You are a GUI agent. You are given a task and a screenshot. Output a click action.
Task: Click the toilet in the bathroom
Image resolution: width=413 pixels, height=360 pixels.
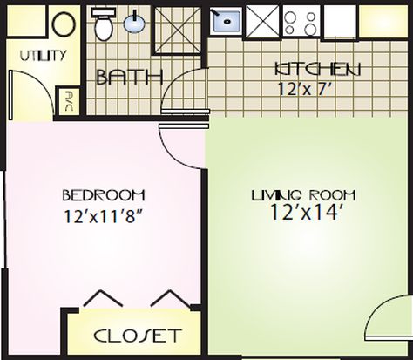[x=104, y=24]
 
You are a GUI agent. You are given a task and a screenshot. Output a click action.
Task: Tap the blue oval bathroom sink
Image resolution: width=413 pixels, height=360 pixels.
[x=134, y=23]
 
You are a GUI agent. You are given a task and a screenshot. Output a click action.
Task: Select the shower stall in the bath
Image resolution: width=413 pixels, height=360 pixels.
[x=177, y=30]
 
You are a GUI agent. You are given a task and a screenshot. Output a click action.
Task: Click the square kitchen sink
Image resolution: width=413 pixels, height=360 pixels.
[x=226, y=21]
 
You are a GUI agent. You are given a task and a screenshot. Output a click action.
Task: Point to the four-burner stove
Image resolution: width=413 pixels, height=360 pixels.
[x=301, y=22]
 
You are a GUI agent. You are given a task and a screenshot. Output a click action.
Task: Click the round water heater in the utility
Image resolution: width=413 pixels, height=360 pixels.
[x=64, y=24]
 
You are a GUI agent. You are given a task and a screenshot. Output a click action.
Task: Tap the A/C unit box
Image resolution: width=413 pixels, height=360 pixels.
[x=68, y=101]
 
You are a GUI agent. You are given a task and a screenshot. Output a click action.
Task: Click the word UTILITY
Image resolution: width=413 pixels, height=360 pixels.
[x=43, y=56]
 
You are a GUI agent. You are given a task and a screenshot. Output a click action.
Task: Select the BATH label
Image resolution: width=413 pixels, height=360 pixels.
[x=129, y=77]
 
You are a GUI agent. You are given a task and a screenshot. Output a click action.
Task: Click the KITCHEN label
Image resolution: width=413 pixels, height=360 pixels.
[x=318, y=69]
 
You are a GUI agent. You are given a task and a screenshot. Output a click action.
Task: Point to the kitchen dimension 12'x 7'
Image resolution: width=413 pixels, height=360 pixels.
[x=304, y=89]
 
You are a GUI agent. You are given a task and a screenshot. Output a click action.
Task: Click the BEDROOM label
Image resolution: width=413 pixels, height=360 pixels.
[x=104, y=195]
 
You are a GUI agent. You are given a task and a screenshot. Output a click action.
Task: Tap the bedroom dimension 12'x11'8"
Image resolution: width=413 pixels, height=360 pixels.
[x=104, y=216]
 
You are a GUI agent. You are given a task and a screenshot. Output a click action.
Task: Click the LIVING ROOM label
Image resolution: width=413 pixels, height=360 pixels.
[x=303, y=195]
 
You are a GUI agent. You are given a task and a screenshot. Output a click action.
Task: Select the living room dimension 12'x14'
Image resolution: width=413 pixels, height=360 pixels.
[x=304, y=212]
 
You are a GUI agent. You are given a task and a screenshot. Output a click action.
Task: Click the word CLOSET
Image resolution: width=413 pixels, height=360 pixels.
[x=138, y=336]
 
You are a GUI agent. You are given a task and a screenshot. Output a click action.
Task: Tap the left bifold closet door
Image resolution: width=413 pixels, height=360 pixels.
[x=102, y=297]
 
